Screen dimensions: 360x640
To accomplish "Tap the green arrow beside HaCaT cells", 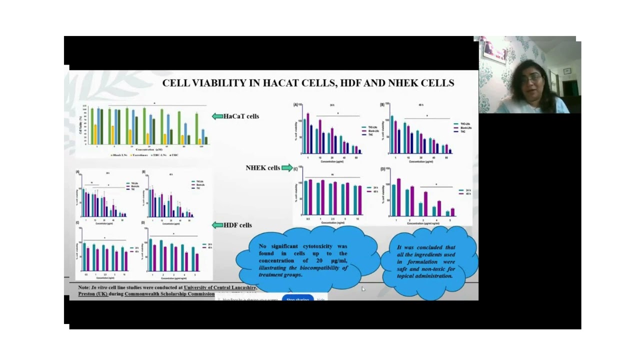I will pyautogui.click(x=217, y=116).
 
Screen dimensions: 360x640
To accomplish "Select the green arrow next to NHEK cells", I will pyautogui.click(x=287, y=168).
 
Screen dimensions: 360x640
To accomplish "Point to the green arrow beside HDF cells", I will pyautogui.click(x=217, y=225).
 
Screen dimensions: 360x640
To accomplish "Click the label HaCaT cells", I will pyautogui.click(x=241, y=116).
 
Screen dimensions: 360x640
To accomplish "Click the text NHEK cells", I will pyautogui.click(x=262, y=168).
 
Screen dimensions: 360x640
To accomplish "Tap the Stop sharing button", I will pyautogui.click(x=297, y=299).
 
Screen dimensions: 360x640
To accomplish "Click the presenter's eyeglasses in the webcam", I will pyautogui.click(x=532, y=79).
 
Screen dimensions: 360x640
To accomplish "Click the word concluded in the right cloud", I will pyautogui.click(x=429, y=247).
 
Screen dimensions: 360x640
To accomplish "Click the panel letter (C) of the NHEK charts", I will pyautogui.click(x=295, y=169).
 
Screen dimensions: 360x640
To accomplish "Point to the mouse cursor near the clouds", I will pyautogui.click(x=363, y=289).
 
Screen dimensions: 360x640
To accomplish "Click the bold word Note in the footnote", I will pyautogui.click(x=83, y=287).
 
